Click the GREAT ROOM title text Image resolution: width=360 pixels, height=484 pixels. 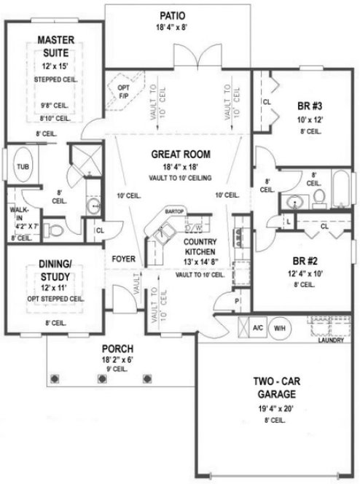pos(181,155)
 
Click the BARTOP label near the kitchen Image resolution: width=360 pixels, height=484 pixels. pos(173,211)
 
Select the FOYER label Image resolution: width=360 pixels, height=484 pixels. pos(123,259)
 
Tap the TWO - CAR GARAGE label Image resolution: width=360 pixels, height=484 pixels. pos(274,387)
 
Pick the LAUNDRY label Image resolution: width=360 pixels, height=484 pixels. pos(332,340)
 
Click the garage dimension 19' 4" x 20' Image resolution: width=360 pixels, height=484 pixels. pos(275,410)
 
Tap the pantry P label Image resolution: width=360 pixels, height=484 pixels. pos(237,301)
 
